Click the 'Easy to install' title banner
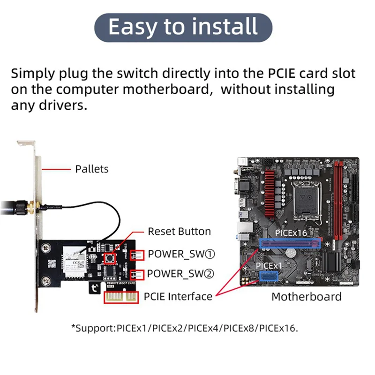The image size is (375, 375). point(183,27)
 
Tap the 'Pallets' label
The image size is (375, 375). point(92,169)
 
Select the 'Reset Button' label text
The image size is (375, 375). point(179,232)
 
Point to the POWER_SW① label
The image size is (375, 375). point(181,254)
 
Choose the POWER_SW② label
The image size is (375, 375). point(181,273)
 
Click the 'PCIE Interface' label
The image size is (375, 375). point(178,296)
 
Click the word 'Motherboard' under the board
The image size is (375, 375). point(307,296)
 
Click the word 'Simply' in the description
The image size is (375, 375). point(34,74)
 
